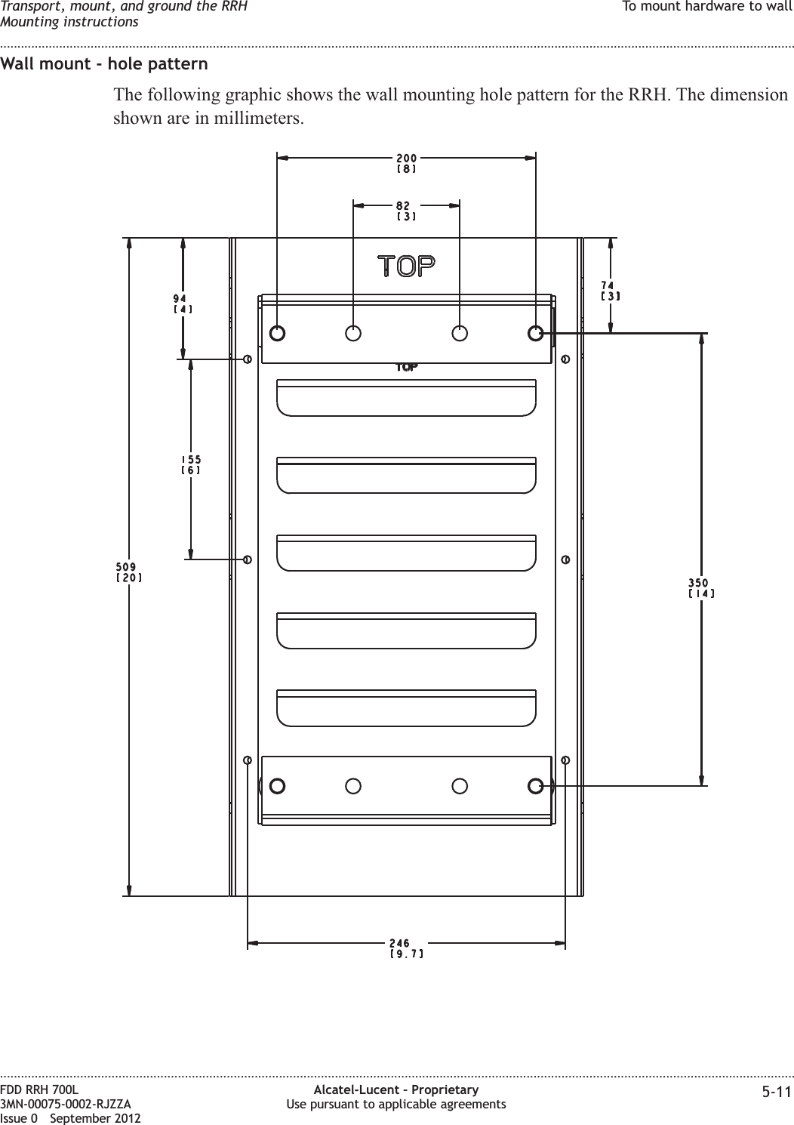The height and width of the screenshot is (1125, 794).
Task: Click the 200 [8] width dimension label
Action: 406,164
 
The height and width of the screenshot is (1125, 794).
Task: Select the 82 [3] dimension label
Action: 406,211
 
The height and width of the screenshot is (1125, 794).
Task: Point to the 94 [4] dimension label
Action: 183,304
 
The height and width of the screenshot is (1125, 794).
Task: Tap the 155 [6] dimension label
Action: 190,464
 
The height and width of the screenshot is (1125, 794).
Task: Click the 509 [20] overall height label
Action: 128,572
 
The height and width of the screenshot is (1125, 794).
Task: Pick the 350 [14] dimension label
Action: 701,587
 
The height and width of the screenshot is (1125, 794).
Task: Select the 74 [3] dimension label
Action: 610,290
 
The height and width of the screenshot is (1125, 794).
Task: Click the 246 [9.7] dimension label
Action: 405,948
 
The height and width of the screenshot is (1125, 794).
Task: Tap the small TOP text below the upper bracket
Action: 406,368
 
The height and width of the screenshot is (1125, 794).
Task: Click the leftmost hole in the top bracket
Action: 277,332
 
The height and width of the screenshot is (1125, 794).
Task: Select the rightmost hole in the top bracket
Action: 536,332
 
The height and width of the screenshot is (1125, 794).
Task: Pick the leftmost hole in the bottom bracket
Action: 277,786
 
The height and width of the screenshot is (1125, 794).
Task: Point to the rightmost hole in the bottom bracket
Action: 536,786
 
